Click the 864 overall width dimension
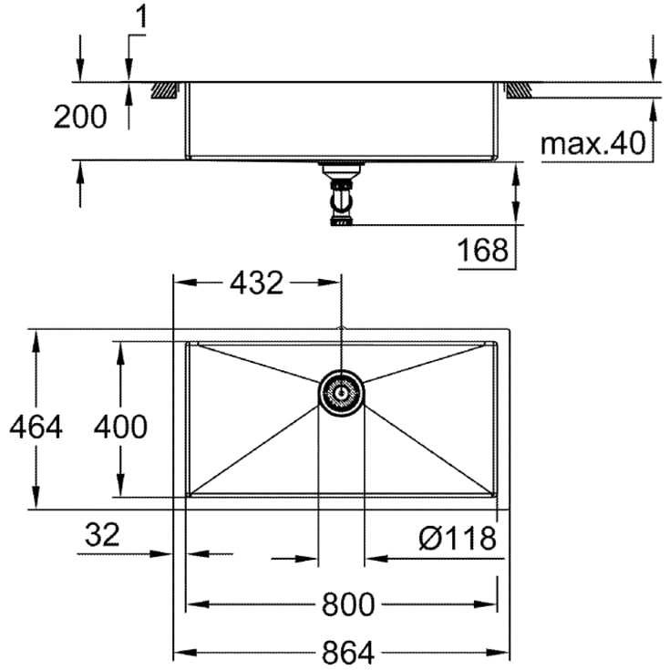[347, 652]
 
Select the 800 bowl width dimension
[347, 604]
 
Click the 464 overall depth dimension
[34, 426]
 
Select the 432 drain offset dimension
[255, 283]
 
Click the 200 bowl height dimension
[80, 117]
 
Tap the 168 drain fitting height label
[484, 249]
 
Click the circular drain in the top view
[341, 393]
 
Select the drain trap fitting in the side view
[341, 197]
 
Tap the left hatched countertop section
[165, 89]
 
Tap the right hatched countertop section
[517, 89]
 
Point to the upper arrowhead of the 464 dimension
[36, 337]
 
